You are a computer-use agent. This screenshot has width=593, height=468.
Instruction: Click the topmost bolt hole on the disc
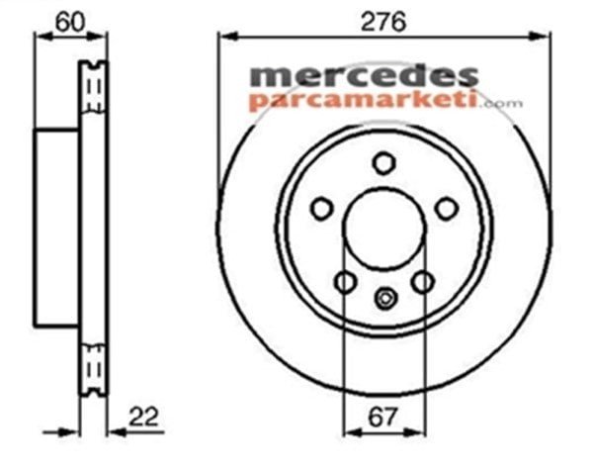point(383,163)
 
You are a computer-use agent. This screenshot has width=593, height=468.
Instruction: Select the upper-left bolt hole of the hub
point(321,208)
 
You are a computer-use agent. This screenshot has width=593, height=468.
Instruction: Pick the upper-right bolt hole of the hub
point(447,208)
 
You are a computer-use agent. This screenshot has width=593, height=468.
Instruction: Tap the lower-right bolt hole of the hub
point(422,282)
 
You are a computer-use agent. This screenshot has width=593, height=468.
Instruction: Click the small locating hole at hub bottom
point(384,295)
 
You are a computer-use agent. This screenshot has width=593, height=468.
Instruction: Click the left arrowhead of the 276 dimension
point(223,37)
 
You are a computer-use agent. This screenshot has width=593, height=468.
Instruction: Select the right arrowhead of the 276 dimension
point(545,37)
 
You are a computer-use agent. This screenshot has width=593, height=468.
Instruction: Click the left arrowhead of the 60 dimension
point(40,37)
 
